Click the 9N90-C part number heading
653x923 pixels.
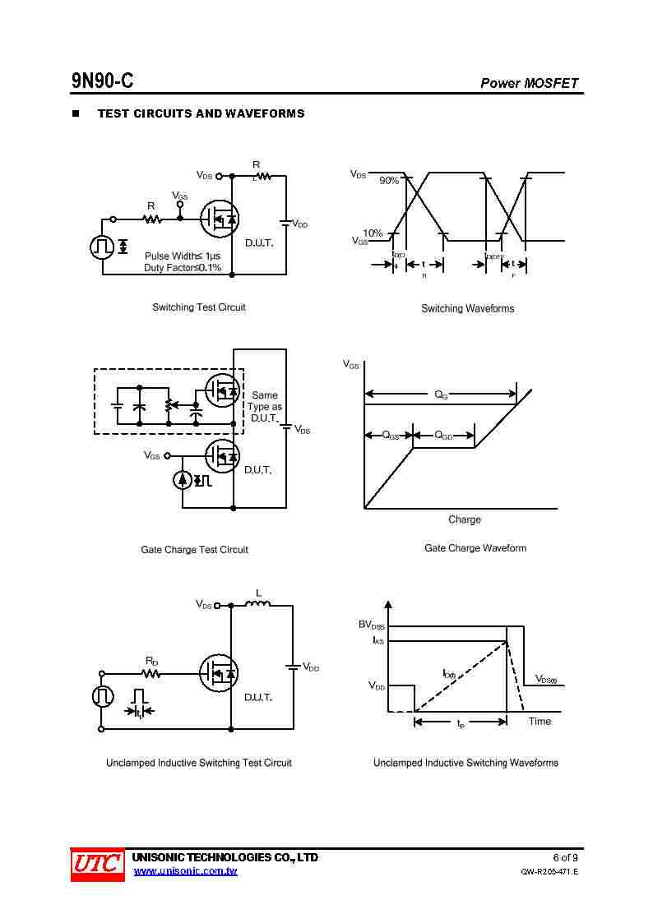(102, 81)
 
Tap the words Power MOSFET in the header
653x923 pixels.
(529, 83)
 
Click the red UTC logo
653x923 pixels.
(97, 864)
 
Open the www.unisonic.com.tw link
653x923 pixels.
(185, 871)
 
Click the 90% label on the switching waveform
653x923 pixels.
(389, 181)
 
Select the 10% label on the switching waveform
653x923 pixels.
(373, 233)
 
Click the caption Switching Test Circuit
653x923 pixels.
(198, 307)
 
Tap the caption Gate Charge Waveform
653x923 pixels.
(475, 548)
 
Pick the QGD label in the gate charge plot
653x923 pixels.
(443, 436)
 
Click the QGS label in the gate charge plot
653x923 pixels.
(391, 436)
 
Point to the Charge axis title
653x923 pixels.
(464, 519)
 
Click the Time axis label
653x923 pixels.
(540, 722)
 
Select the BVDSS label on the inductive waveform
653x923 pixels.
(371, 625)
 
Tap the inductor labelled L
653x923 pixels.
(257, 605)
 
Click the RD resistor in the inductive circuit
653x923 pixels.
(151, 673)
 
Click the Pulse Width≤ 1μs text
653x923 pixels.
(183, 256)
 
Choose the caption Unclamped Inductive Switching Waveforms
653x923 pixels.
(465, 763)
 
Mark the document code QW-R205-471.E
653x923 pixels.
(549, 872)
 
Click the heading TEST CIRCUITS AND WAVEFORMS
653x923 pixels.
(201, 113)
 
